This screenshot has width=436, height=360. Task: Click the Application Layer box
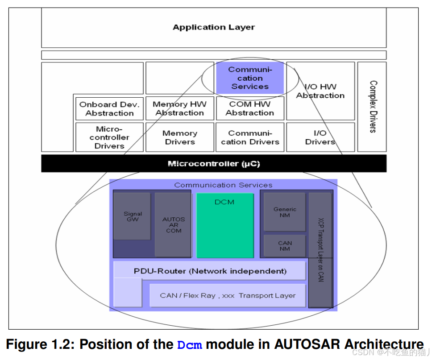click(214, 27)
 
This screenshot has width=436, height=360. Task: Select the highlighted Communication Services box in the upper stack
click(250, 78)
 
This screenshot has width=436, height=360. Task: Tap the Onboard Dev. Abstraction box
click(109, 109)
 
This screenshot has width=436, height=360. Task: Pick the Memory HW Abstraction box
click(179, 108)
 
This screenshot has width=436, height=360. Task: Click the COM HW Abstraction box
click(250, 108)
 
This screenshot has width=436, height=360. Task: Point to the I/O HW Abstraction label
click(320, 91)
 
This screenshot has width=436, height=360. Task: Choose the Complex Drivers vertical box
click(372, 107)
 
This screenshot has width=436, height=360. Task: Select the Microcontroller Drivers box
click(109, 137)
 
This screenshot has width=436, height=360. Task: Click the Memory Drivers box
click(179, 137)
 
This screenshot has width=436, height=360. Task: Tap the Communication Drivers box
click(250, 137)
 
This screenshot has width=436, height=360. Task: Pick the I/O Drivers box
click(320, 137)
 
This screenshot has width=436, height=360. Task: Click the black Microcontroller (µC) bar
click(214, 164)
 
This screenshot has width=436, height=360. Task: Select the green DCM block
click(225, 225)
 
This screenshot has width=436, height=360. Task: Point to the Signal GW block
click(132, 217)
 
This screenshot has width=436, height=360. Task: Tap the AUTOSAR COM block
click(173, 225)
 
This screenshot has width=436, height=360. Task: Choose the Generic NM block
click(285, 212)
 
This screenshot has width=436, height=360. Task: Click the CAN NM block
click(285, 246)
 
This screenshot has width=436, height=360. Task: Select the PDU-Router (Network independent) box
click(210, 271)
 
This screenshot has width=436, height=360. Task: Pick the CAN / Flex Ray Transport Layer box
click(228, 295)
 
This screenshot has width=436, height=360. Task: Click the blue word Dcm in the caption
click(190, 345)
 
